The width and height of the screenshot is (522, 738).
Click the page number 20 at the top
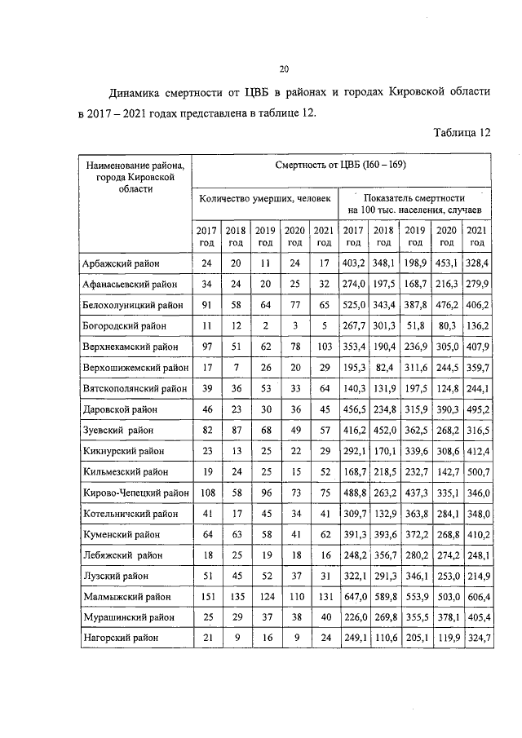(x=284, y=68)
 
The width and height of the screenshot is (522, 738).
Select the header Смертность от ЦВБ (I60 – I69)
(x=342, y=166)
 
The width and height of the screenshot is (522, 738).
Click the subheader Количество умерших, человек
(x=265, y=198)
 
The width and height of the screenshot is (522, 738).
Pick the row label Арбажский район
(x=121, y=263)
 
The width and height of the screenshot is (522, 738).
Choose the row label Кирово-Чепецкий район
(x=135, y=493)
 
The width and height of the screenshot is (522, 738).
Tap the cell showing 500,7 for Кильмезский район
(x=476, y=471)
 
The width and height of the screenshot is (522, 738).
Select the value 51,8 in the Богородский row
(x=415, y=325)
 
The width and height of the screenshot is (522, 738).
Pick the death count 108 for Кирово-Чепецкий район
(x=206, y=493)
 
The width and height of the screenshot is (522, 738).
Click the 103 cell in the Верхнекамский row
(x=323, y=347)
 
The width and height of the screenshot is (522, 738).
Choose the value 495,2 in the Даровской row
(x=476, y=409)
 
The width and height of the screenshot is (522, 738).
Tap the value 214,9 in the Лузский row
(x=476, y=576)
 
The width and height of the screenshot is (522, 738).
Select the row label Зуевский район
(x=116, y=430)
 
